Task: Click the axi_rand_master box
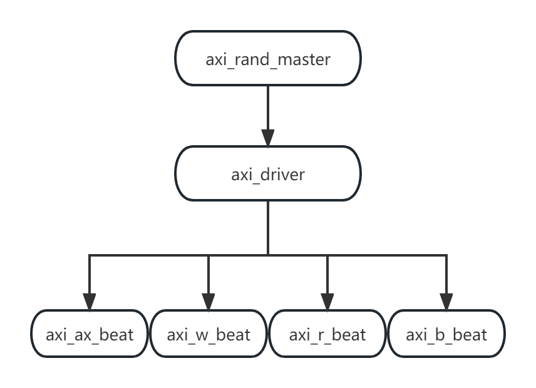tap(268, 59)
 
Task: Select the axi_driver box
tap(268, 173)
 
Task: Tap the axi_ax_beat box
tap(90, 334)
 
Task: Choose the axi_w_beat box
tap(209, 334)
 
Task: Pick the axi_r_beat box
tap(327, 334)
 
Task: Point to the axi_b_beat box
tap(446, 334)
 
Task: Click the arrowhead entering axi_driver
tap(268, 139)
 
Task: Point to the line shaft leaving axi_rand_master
tap(268, 106)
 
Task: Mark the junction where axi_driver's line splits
tap(268, 255)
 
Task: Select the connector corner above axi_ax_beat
tap(90, 255)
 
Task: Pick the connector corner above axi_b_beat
tap(446, 255)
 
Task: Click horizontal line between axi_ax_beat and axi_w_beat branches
tap(149, 255)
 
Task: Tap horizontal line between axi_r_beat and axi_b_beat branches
tap(386, 255)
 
